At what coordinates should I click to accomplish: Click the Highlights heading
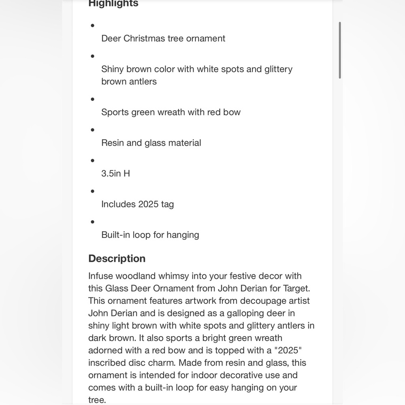(113, 4)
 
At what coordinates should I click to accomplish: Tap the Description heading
(117, 258)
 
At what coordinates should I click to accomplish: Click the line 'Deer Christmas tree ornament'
(163, 38)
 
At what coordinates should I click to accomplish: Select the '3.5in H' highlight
(115, 173)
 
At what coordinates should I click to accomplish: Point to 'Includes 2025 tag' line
(137, 204)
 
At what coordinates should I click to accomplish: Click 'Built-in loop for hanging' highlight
(150, 235)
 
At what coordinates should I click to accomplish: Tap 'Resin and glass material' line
(151, 143)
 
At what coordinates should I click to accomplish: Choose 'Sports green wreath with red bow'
(171, 112)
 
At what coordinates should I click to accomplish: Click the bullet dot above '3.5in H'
(93, 160)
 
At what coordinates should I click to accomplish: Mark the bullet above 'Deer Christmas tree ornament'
(93, 26)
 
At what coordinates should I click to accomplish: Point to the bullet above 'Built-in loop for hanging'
(93, 222)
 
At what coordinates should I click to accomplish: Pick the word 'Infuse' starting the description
(100, 276)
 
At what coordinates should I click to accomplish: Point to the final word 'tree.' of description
(97, 400)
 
